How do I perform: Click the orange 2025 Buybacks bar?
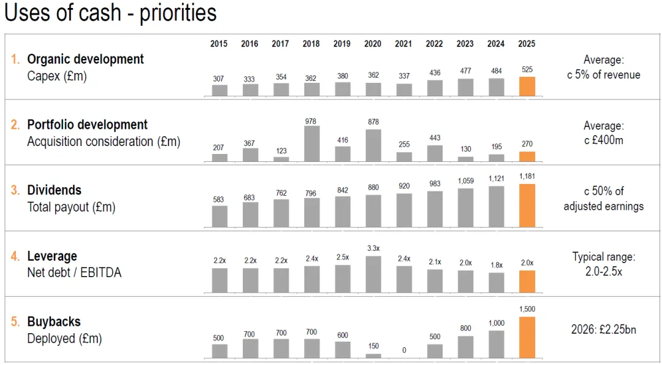(527, 337)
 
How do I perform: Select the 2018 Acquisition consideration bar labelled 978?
(311, 144)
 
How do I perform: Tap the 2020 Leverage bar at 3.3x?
(373, 274)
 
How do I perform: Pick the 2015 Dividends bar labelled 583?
(219, 217)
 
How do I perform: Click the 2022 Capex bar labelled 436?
(435, 88)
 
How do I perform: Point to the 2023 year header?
(465, 44)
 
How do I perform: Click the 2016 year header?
(249, 44)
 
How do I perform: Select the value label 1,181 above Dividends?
(527, 176)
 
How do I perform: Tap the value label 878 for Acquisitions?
(373, 121)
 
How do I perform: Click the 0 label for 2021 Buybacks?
(404, 350)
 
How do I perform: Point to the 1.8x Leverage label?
(496, 265)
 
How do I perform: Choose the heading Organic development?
(85, 59)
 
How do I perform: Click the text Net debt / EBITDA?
(74, 272)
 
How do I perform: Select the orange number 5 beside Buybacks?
(15, 321)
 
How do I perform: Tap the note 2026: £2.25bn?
(603, 329)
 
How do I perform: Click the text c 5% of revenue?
(603, 75)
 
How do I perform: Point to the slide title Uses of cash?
(63, 12)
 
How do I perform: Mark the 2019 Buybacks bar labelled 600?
(343, 350)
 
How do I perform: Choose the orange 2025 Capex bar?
(527, 86)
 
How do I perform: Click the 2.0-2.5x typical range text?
(603, 272)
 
